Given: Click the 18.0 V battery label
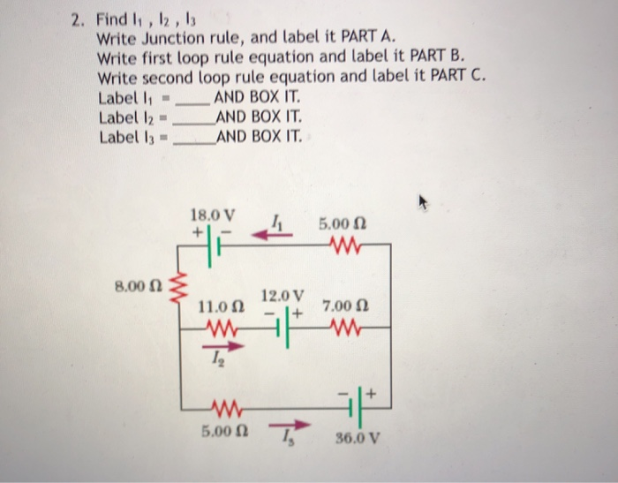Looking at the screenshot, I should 213,215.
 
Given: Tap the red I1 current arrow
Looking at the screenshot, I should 261,233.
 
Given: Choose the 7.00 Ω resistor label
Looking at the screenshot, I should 340,307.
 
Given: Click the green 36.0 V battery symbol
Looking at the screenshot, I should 352,409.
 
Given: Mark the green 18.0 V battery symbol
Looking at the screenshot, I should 212,246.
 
